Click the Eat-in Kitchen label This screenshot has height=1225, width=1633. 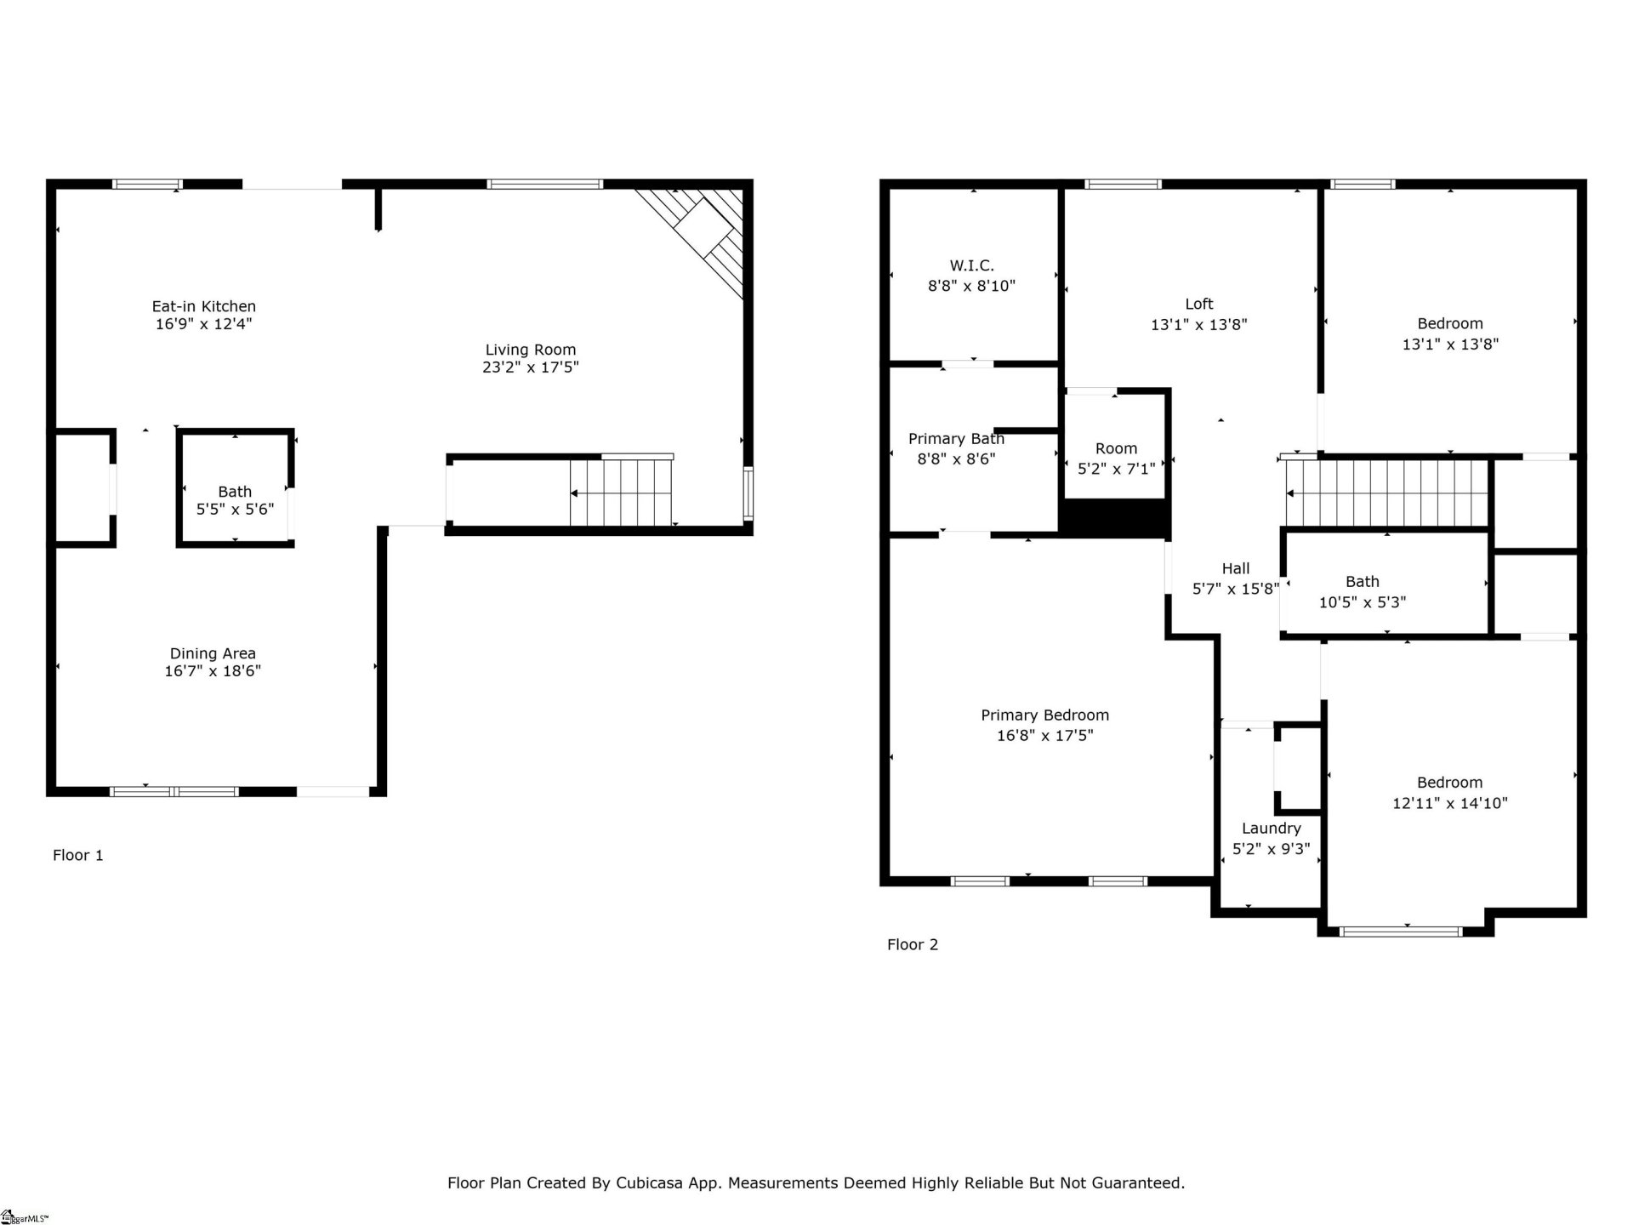click(x=203, y=306)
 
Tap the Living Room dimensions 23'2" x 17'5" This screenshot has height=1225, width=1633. click(x=530, y=367)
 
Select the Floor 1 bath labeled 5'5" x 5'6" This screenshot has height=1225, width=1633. click(x=235, y=500)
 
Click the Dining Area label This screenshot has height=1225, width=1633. click(x=213, y=653)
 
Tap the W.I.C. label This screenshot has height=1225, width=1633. click(x=971, y=266)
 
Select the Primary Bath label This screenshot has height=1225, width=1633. click(x=956, y=439)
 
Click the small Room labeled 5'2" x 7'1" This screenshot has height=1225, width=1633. click(x=1116, y=458)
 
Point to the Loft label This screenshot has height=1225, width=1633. click(x=1198, y=304)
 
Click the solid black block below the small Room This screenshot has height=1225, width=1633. click(x=1114, y=518)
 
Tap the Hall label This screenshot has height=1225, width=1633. click(x=1236, y=568)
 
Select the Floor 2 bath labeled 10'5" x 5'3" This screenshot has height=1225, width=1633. click(x=1362, y=591)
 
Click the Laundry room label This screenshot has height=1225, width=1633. click(x=1271, y=829)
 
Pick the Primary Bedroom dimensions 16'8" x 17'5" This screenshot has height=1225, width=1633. click(x=1044, y=736)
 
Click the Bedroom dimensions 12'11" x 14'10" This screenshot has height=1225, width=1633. click(x=1449, y=803)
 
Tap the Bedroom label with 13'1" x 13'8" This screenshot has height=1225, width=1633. click(x=1449, y=323)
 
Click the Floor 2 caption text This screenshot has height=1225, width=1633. click(x=912, y=944)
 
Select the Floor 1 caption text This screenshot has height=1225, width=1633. click(x=78, y=855)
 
